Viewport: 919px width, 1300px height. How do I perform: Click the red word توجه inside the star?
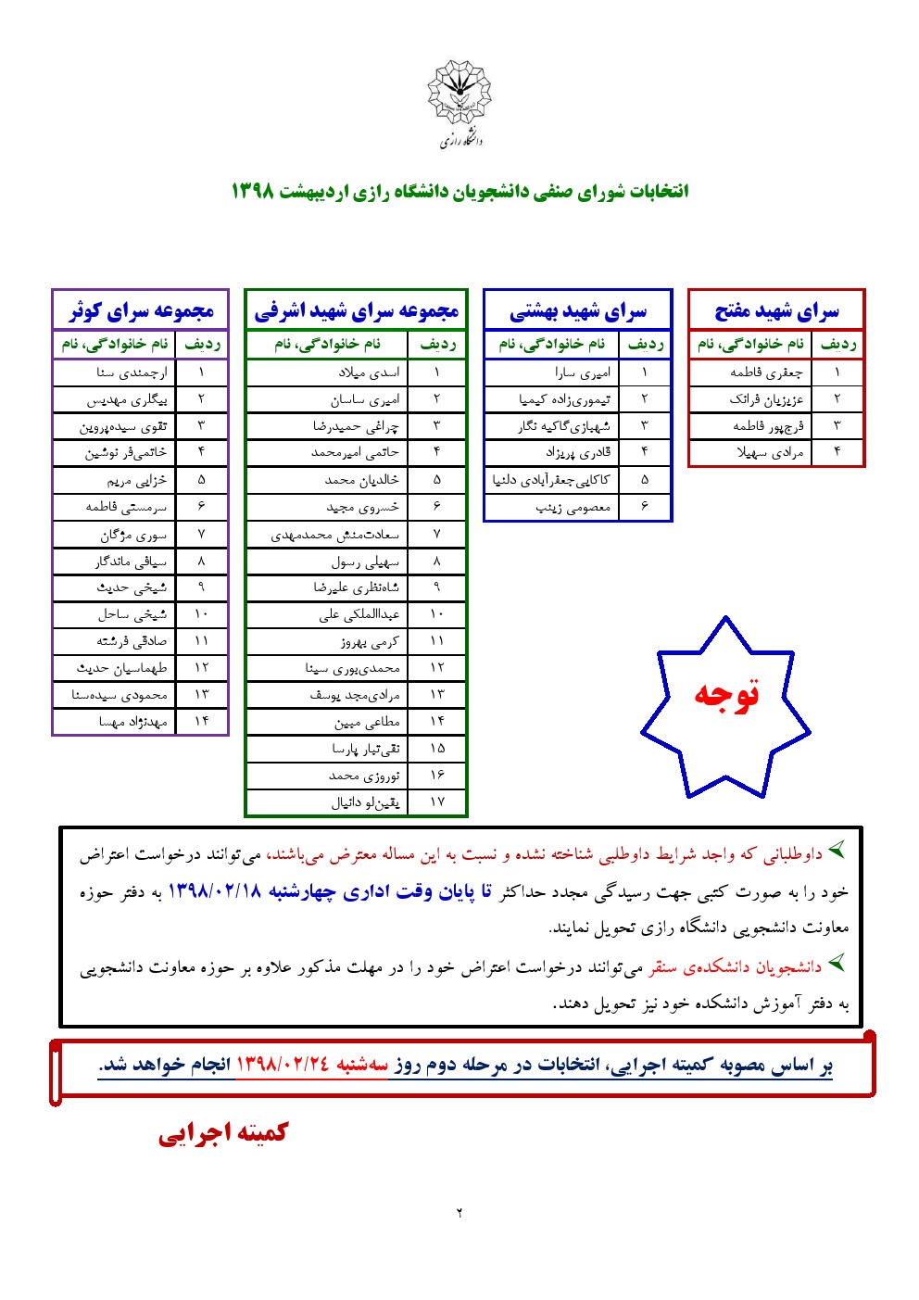point(726,694)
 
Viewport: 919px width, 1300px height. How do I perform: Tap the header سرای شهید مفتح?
point(776,311)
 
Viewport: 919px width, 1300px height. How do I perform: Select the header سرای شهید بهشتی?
point(577,311)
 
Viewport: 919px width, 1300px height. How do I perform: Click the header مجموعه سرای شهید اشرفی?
point(357,311)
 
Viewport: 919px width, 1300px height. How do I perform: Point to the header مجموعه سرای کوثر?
point(141,311)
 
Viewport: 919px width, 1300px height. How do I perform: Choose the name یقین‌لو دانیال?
point(366,802)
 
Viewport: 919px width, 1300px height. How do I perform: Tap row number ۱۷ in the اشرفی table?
point(437,802)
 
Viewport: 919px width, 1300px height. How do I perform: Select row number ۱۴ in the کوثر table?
point(201,722)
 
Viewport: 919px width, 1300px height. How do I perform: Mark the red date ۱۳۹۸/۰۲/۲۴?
point(283,1065)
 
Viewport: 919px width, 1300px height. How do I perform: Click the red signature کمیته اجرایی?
point(223,1133)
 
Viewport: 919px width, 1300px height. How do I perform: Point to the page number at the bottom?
point(459,1213)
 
